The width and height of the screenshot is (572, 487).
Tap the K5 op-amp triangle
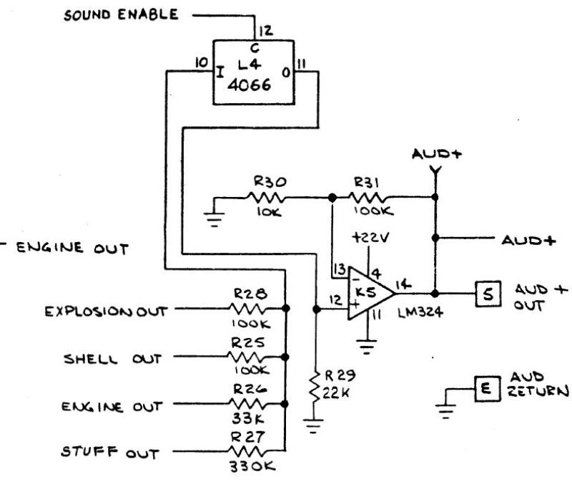coord(369,292)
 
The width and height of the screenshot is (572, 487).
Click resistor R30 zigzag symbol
coord(267,196)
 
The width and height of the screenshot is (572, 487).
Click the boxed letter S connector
coord(484,292)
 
